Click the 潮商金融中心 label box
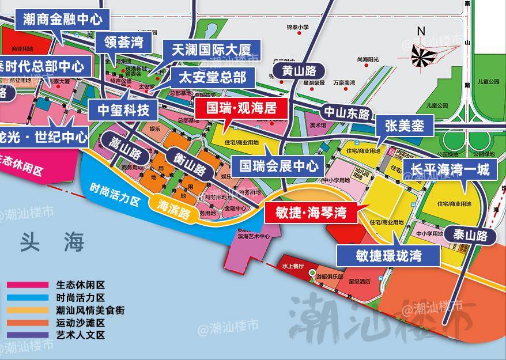(x=62, y=19)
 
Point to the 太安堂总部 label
(x=212, y=77)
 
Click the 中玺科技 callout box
(x=122, y=108)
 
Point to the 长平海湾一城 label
(x=450, y=169)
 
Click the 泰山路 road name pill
(x=470, y=235)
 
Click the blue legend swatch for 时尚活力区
(x=27, y=298)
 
